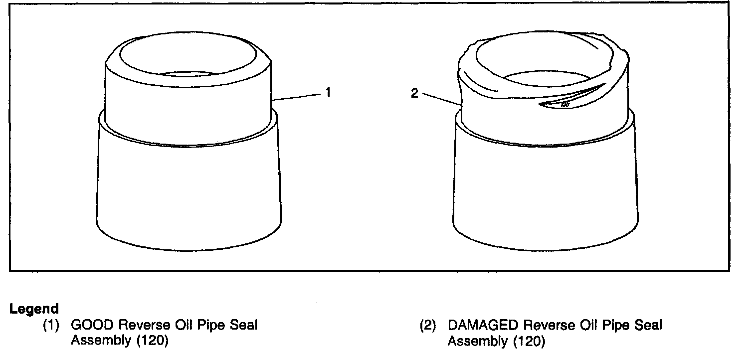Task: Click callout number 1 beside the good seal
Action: point(328,92)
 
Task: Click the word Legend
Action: point(34,309)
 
